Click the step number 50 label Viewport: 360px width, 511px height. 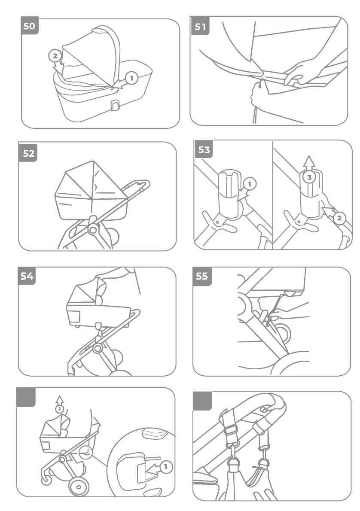tap(29, 27)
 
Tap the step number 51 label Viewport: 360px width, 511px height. tap(200, 27)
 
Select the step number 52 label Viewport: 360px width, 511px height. tap(28, 153)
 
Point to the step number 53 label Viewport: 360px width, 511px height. tap(204, 149)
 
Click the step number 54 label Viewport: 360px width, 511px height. tap(27, 276)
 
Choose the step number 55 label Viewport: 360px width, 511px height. tap(201, 276)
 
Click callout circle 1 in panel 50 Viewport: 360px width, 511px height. tap(132, 78)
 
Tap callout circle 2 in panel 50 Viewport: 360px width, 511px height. tap(55, 56)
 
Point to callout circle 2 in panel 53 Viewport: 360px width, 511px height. tap(339, 218)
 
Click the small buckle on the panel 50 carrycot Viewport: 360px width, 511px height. tap(114, 105)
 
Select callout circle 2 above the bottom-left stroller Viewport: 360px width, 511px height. tap(60, 409)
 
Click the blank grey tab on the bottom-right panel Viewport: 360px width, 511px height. tap(202, 401)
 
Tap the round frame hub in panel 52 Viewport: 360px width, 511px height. tap(92, 229)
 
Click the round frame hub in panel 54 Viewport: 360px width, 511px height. tap(98, 347)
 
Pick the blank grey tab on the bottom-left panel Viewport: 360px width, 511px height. tap(26, 397)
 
